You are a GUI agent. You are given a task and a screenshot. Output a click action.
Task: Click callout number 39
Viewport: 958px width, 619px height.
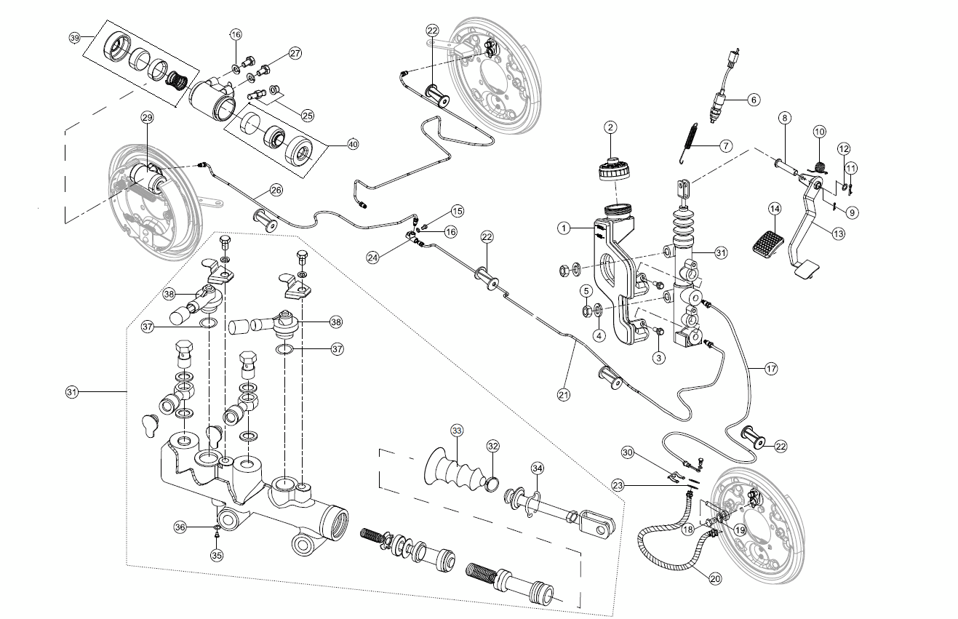(74, 38)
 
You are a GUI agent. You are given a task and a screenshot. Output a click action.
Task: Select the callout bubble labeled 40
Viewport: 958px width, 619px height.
(353, 144)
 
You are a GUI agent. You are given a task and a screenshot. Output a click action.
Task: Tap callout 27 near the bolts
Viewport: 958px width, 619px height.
(295, 53)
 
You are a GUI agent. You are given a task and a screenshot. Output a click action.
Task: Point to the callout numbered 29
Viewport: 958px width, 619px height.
(146, 118)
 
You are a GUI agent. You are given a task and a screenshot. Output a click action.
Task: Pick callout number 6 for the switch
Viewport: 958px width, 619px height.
(753, 99)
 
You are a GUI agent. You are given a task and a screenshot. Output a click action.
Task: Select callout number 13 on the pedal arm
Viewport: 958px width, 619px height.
(839, 234)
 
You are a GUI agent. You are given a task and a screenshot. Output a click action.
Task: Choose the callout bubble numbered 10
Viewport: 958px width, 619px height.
(820, 132)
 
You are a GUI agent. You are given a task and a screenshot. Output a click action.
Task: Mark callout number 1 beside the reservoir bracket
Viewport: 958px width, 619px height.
(563, 228)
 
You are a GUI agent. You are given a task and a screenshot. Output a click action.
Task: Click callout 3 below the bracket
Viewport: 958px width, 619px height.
(658, 357)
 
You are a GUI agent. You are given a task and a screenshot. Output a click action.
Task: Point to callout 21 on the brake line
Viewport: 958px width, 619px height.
(563, 395)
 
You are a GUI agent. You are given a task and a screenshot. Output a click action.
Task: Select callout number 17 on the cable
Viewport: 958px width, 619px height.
(771, 369)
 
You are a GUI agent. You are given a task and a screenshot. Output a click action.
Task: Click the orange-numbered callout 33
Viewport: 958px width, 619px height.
(457, 431)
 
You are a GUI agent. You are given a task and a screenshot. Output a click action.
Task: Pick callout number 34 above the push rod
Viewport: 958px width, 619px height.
(538, 467)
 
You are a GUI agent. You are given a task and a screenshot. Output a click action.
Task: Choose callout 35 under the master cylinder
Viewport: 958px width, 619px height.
(217, 555)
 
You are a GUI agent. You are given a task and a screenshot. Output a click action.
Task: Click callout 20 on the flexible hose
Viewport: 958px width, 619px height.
(715, 579)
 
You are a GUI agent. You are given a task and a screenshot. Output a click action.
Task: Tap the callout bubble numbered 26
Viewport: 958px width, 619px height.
(276, 191)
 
